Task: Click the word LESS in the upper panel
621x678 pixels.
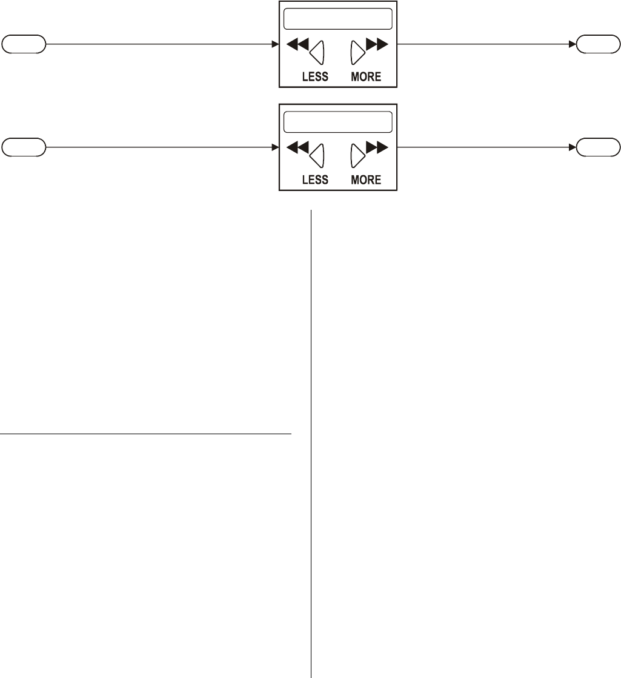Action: click(x=315, y=77)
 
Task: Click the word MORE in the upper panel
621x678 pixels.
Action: click(x=366, y=77)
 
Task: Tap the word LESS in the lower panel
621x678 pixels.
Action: click(x=315, y=180)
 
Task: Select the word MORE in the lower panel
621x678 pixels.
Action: click(x=366, y=180)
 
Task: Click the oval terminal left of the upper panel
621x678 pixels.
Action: click(x=24, y=44)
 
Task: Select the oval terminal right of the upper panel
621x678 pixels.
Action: click(x=598, y=44)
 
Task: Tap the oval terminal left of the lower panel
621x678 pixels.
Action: click(x=24, y=147)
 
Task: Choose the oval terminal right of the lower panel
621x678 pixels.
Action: click(x=598, y=147)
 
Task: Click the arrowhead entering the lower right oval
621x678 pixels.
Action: click(x=573, y=147)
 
